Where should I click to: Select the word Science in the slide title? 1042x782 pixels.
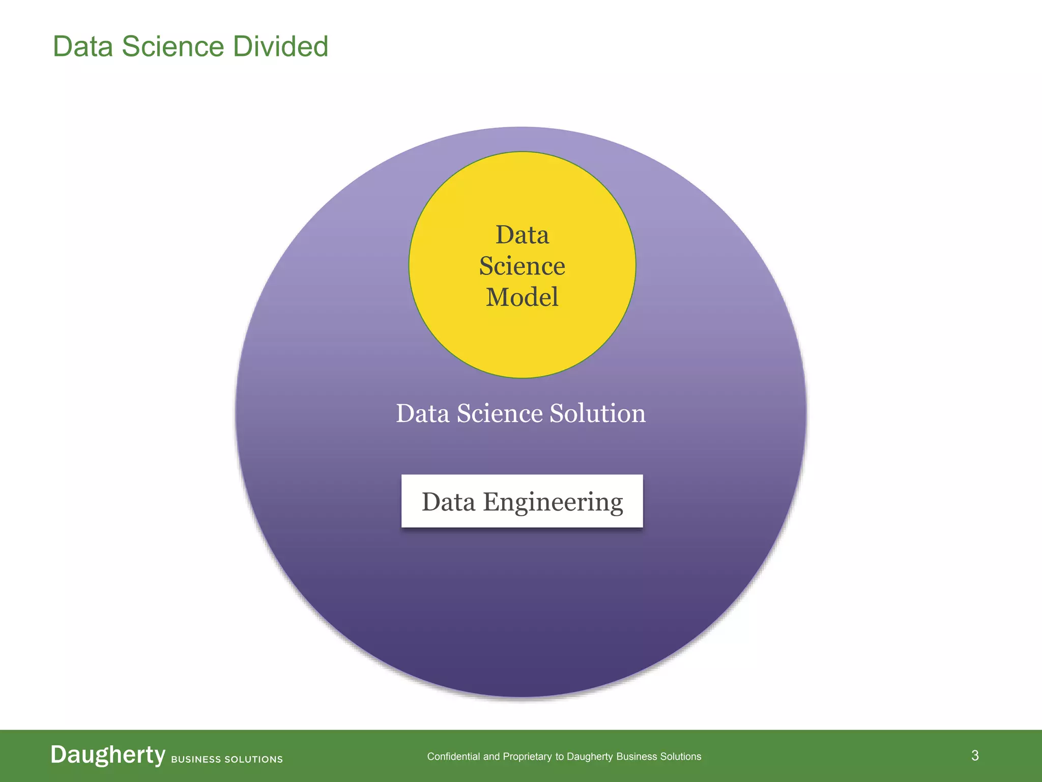[x=172, y=47]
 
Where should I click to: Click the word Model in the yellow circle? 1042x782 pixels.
[x=522, y=297]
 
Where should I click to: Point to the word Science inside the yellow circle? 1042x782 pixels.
[x=522, y=266]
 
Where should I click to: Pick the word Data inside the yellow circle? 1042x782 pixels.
[x=522, y=235]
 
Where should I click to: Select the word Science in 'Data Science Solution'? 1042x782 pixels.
[x=500, y=413]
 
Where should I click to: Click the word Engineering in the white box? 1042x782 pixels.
[x=553, y=502]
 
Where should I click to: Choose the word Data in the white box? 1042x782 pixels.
[x=448, y=501]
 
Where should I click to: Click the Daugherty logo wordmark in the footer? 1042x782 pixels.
[x=108, y=755]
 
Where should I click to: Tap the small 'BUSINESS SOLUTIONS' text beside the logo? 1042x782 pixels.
[x=227, y=759]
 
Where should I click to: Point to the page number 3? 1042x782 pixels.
[x=975, y=756]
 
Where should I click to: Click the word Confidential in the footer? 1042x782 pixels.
[x=453, y=757]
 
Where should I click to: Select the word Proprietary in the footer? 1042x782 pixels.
[x=527, y=757]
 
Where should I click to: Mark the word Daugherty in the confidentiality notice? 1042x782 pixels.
[x=590, y=757]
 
